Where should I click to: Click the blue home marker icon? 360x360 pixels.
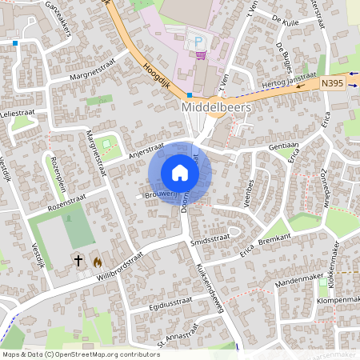pyautogui.click(x=180, y=173)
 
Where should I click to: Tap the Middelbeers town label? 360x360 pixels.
pyautogui.click(x=217, y=106)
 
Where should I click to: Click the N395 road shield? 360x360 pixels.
pyautogui.click(x=333, y=82)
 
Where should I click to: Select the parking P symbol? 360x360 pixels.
pyautogui.click(x=198, y=41)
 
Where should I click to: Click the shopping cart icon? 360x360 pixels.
pyautogui.click(x=200, y=54)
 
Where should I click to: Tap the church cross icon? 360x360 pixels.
pyautogui.click(x=79, y=260)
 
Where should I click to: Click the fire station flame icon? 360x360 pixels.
pyautogui.click(x=98, y=261)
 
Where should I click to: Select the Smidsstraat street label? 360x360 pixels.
pyautogui.click(x=210, y=238)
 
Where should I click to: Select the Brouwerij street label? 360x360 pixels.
pyautogui.click(x=159, y=194)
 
